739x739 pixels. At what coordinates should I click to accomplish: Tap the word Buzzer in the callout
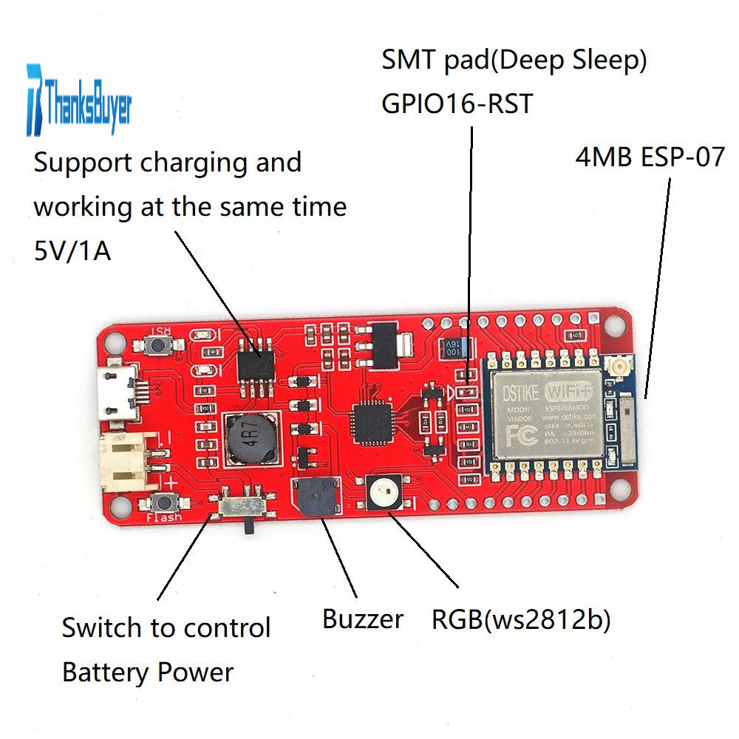[363, 619]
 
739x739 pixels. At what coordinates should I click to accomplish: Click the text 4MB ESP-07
[650, 157]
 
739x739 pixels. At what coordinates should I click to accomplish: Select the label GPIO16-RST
[457, 104]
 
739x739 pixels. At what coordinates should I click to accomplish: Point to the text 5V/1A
[72, 251]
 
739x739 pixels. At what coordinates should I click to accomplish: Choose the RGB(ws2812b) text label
[521, 620]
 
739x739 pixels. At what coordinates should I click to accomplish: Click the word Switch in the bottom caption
[101, 628]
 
